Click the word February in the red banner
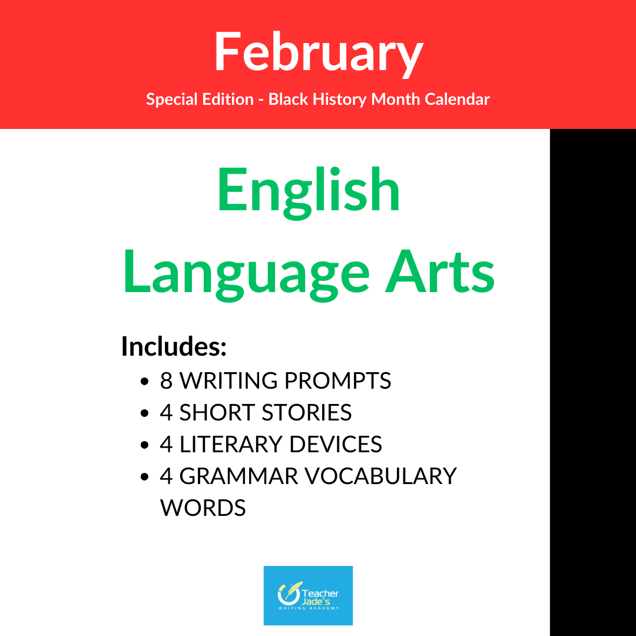click(319, 53)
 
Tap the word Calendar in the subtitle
click(457, 100)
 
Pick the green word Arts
click(440, 271)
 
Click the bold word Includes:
click(174, 346)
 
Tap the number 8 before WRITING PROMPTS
click(166, 381)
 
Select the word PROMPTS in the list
click(338, 381)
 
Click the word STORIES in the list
click(307, 413)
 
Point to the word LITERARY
click(230, 445)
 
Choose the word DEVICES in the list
click(336, 445)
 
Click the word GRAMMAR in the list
click(239, 476)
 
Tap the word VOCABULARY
click(381, 476)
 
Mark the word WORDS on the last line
click(203, 508)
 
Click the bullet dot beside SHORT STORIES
click(144, 413)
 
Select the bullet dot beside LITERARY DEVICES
click(144, 445)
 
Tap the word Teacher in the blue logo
click(320, 594)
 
